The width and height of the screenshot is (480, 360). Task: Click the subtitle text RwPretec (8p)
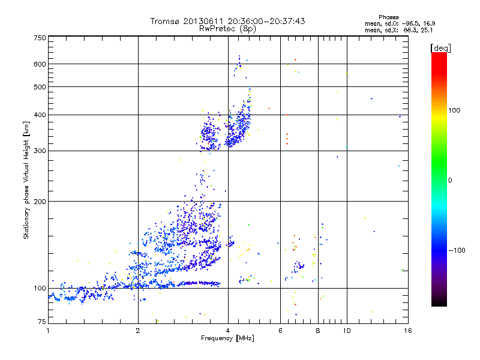pos(228,28)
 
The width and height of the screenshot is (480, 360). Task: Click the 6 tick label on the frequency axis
pos(280,331)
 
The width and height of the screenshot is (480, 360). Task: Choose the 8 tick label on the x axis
pos(318,331)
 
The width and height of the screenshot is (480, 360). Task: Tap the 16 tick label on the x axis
pos(407,331)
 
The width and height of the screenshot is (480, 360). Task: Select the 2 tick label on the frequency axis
pos(138,331)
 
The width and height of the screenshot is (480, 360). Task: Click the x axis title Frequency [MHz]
pos(228,339)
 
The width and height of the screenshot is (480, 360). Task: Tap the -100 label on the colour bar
pos(458,250)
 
